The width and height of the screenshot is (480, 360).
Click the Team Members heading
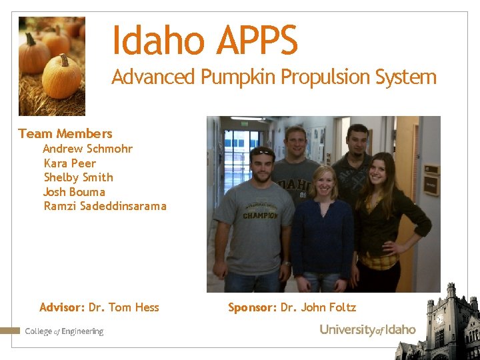coord(65,133)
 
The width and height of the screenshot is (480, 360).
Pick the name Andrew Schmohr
coord(88,149)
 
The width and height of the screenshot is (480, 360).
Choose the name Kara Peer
coord(69,163)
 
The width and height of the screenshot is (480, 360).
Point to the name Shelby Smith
coord(78,177)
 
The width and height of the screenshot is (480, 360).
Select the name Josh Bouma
coord(74,192)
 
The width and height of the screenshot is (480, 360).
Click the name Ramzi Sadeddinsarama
coord(105,206)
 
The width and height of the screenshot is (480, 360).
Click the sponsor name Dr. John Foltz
coord(318,307)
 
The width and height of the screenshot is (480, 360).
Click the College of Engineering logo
coord(64,331)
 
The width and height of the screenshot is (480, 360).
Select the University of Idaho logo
coord(367,330)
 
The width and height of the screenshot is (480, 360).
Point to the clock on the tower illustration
coord(439,319)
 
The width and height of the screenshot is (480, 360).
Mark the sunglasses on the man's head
coord(263,151)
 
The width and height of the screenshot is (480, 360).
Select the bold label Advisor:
coord(62,307)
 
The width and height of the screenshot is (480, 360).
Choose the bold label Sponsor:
coord(252,307)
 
